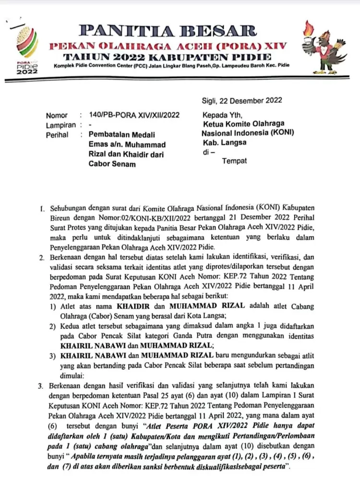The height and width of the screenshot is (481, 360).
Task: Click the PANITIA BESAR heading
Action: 168,31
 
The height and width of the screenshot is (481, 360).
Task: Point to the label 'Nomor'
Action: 57,115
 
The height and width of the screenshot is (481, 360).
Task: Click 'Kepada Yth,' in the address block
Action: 222,115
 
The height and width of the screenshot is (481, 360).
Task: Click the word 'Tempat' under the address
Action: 234,161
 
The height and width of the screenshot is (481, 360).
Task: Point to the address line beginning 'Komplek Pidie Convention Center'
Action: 175,65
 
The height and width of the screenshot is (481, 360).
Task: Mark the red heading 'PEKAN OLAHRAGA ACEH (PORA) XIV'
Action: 168,46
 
